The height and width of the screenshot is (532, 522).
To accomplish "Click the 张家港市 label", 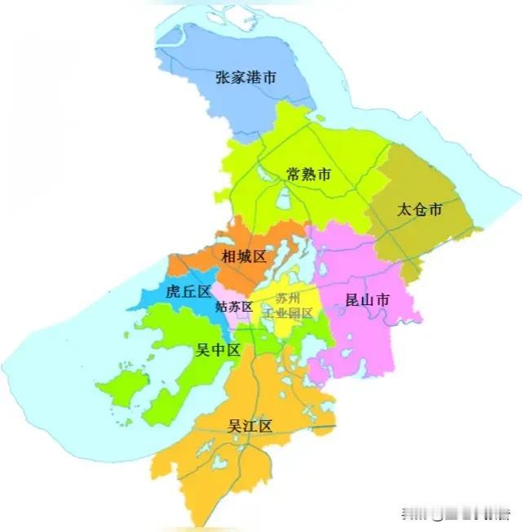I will (x=246, y=78).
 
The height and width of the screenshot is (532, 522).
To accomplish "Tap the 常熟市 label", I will (x=308, y=174).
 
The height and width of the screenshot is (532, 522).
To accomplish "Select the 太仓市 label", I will (x=419, y=210).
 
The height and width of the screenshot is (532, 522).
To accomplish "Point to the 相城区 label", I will (x=244, y=256).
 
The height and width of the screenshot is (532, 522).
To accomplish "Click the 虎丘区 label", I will (x=188, y=291).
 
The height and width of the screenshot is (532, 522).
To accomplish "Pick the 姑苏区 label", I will (x=234, y=308).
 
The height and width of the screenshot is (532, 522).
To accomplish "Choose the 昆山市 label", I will (x=367, y=300).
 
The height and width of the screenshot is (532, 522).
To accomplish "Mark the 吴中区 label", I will (x=218, y=350).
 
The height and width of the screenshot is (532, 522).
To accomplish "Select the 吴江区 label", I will (x=250, y=425).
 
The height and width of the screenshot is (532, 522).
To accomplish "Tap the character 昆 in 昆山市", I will (x=353, y=300).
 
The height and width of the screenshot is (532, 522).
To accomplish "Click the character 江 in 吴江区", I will (x=250, y=425).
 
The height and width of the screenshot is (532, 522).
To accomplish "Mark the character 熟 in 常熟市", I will (x=308, y=174).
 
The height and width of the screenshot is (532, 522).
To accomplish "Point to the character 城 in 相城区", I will (x=244, y=256).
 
